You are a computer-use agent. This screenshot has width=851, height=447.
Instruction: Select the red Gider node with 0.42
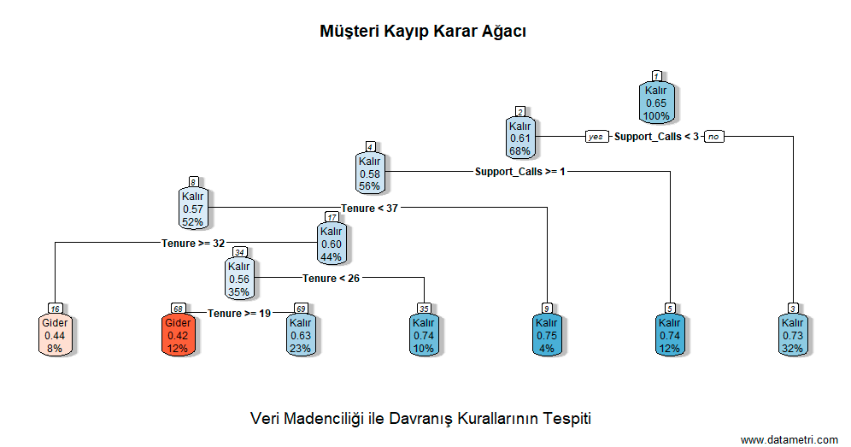pos(178,335)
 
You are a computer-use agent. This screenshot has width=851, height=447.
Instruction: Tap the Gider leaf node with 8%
pos(55,335)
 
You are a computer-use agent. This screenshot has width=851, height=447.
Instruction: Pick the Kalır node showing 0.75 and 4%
pos(546,335)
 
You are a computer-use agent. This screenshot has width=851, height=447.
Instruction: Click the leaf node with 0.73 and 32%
pos(793,335)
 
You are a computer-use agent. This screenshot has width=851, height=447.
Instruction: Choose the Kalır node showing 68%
pos(519,138)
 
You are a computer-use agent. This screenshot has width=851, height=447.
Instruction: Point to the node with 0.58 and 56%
pos(370,174)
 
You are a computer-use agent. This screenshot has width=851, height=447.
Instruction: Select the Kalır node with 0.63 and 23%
pos(300,335)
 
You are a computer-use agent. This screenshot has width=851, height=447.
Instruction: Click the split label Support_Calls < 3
pos(656,137)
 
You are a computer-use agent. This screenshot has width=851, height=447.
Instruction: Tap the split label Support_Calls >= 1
pos(520,172)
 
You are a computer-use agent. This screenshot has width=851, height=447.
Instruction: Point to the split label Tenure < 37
pos(370,208)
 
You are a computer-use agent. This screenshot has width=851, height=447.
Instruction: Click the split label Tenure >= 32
pos(193,243)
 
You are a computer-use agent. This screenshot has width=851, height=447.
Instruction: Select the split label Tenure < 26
pos(331,278)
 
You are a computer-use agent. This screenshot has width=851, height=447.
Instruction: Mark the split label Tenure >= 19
pos(239,313)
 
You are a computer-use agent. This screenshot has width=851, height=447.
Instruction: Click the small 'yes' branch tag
pos(596,137)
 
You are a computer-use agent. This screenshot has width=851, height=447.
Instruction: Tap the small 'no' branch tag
pos(713,137)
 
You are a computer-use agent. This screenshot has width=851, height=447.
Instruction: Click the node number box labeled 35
pos(423,309)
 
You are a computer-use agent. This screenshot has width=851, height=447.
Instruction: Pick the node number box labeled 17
pos(332,217)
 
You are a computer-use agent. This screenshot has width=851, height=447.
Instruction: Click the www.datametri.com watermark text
pos(789,439)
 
